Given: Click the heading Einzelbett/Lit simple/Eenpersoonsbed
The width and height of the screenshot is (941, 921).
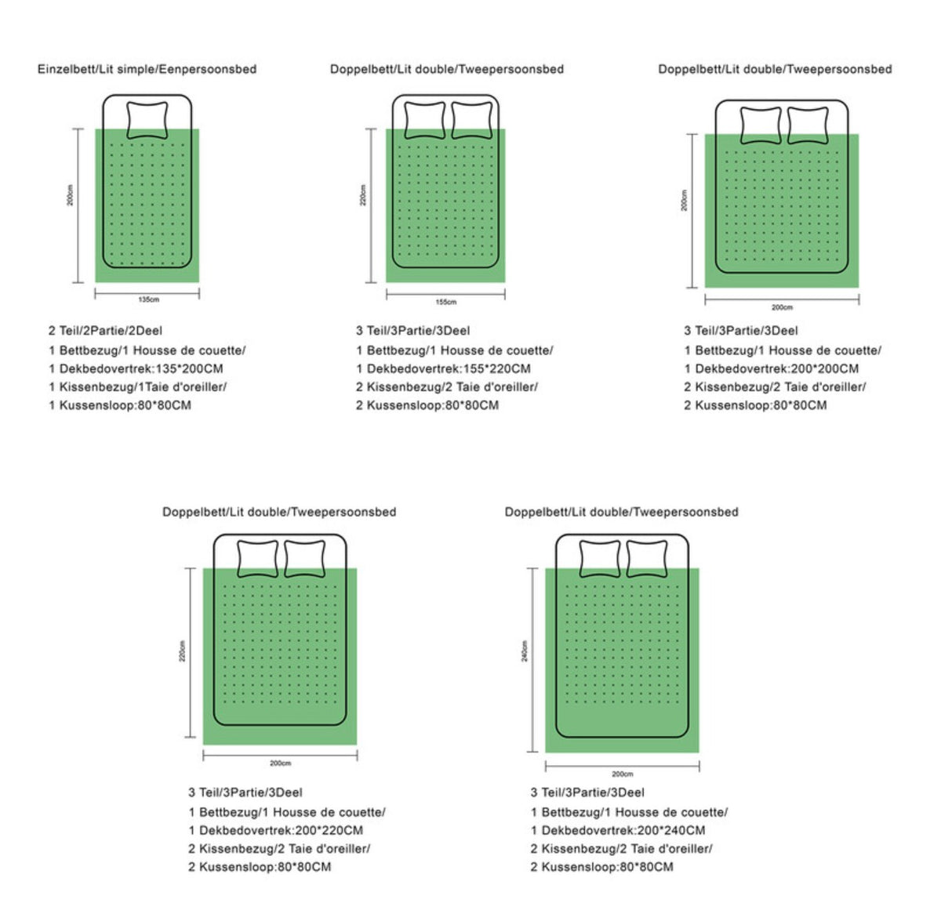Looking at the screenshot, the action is coord(147,69).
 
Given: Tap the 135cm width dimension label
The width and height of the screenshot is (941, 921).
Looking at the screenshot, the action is coord(148,299).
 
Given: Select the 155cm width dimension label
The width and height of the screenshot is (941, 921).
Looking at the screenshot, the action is coord(446,302).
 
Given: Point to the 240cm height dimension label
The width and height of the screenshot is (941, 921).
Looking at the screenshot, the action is coord(525,651).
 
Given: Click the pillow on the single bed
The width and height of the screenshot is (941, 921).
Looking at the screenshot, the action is coord(147,120).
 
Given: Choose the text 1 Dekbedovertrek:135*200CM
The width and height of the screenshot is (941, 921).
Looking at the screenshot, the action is coord(136,368).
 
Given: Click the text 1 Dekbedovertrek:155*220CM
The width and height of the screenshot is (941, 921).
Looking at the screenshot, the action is coord(443,368).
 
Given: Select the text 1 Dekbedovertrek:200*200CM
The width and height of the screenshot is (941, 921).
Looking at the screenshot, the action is coord(772,368).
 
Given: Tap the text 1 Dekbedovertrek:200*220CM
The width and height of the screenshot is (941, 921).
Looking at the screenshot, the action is coord(276,830).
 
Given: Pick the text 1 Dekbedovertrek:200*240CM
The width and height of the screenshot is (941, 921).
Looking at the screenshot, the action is coord(618,830).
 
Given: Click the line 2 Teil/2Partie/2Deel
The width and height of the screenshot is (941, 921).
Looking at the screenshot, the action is coord(105,331).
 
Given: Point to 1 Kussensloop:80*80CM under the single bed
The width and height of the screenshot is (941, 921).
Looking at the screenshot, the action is coord(120,405).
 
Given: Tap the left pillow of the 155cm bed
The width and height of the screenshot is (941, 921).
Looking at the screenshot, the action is coord(425,120).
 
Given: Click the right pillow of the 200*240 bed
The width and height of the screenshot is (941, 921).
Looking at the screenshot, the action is coord(647,559).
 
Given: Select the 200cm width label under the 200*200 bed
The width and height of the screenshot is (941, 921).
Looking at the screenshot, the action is coord(782,307).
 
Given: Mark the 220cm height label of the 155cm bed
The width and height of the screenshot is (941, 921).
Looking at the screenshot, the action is coord(363,195).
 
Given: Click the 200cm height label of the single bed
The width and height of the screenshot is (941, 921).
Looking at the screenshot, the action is coord(71,195).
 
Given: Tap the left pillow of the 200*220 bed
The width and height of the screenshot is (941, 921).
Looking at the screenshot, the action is coord(257,559).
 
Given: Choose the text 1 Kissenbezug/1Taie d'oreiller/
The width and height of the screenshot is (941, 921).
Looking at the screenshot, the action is coord(138,386).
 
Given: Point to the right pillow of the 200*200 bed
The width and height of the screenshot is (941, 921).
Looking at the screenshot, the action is coord(808,125).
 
